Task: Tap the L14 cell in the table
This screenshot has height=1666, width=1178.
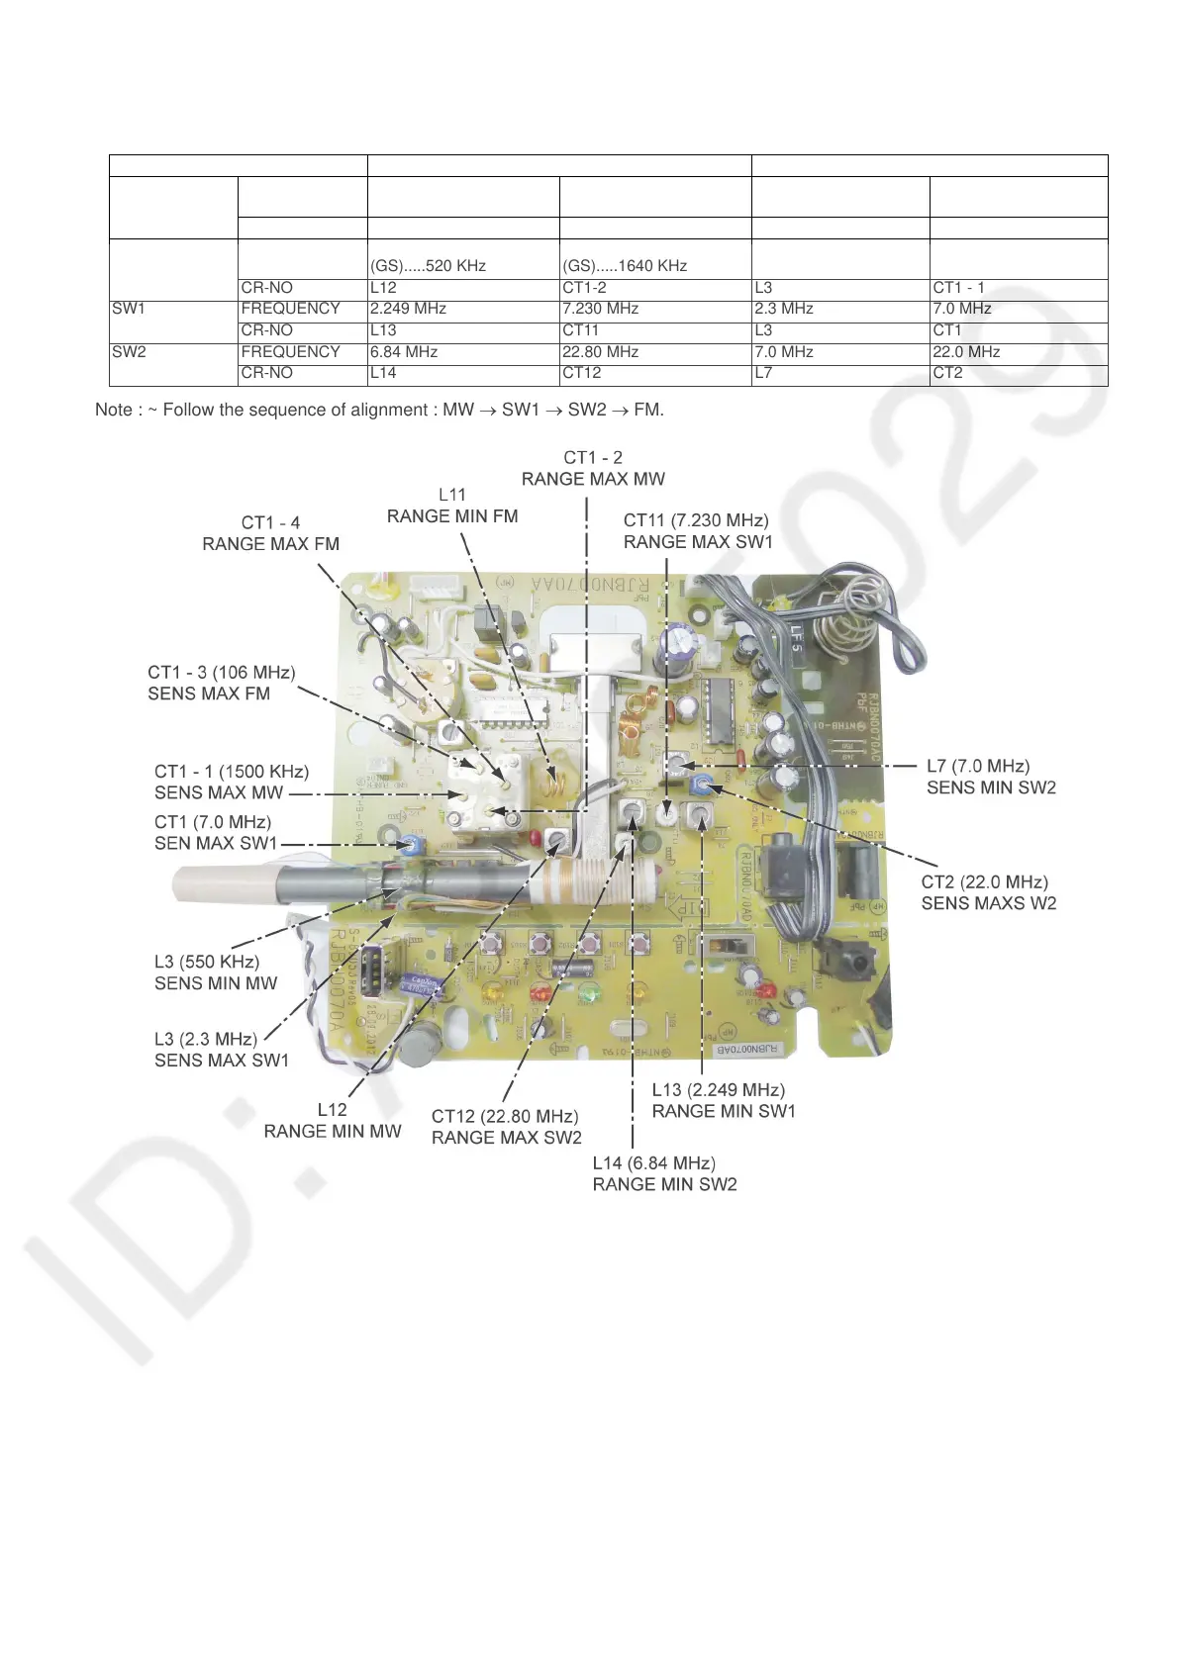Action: [x=383, y=373]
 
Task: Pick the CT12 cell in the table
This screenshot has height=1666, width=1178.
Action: [x=581, y=373]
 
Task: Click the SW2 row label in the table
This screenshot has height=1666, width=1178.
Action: [x=129, y=352]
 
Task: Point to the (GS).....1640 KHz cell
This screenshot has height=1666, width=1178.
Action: [x=625, y=265]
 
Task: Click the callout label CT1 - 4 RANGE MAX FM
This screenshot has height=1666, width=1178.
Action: [x=270, y=533]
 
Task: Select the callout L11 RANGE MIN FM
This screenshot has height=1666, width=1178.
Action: [x=452, y=506]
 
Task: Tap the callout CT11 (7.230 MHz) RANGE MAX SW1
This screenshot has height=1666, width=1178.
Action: [x=697, y=531]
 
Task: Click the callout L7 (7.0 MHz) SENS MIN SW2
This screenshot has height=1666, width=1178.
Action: [x=991, y=777]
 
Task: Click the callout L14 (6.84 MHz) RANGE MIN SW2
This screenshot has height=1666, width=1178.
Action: [x=664, y=1173]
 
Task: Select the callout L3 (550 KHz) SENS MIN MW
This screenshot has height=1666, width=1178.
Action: [x=215, y=972]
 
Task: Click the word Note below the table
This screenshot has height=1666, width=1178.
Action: [x=113, y=410]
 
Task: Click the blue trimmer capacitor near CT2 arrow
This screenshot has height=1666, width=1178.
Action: [x=702, y=786]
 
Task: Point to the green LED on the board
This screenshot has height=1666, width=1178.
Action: [x=590, y=992]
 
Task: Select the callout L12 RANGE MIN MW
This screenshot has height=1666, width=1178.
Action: [x=333, y=1121]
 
